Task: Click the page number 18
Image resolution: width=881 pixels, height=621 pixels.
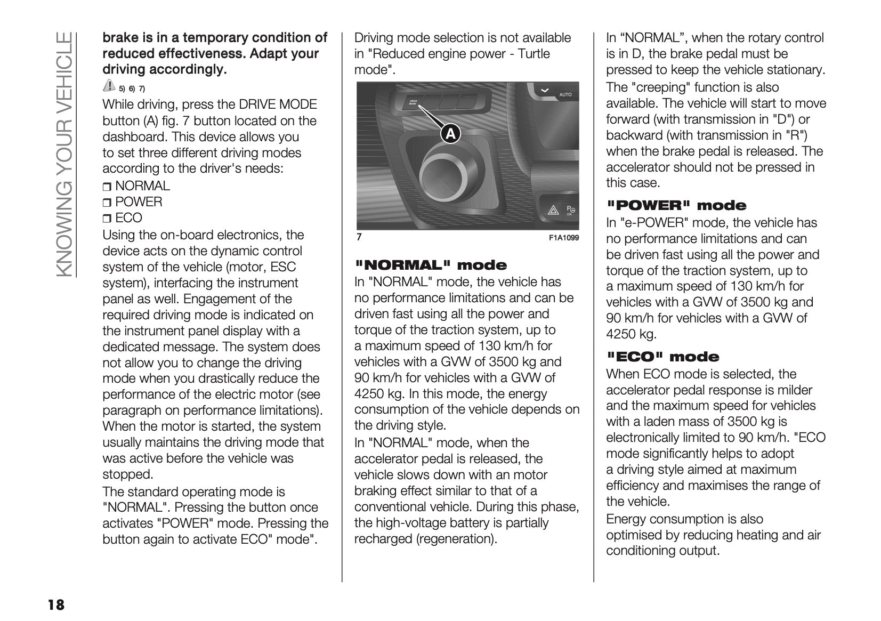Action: pos(55,605)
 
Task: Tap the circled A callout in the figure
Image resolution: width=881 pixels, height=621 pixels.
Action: pos(450,134)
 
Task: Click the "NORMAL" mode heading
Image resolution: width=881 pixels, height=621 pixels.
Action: pos(431,265)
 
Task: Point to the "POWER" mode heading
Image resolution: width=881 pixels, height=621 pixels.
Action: pos(677,205)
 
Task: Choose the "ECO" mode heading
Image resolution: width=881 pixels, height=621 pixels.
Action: pos(663,357)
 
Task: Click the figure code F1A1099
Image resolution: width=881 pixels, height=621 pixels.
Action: pos(563,238)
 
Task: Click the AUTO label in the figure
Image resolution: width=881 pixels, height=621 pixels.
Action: pos(565,95)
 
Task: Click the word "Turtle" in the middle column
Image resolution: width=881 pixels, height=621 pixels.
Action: pos(534,54)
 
